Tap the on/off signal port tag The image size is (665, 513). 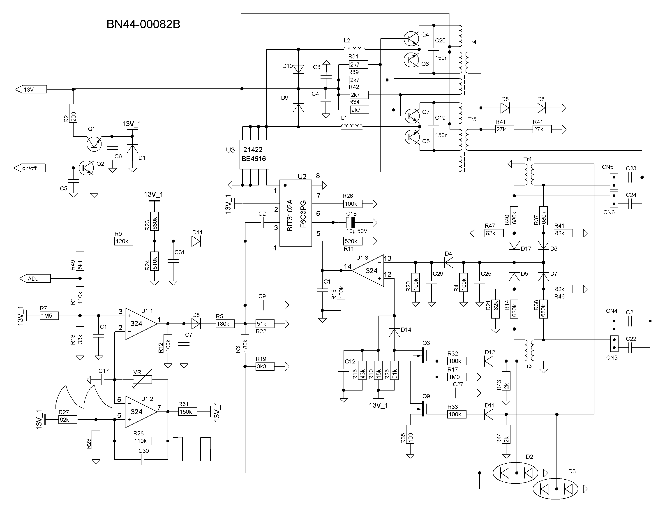pyautogui.click(x=30, y=168)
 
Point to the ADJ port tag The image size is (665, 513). pyautogui.click(x=35, y=279)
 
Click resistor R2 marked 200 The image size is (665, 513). pyautogui.click(x=73, y=113)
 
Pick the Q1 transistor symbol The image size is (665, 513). pyautogui.click(x=94, y=143)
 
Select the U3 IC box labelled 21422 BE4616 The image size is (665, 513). pyautogui.click(x=254, y=154)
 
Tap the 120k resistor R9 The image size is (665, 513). pyautogui.click(x=124, y=241)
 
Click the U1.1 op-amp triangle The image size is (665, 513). pyautogui.click(x=141, y=324)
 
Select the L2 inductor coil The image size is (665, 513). pyautogui.click(x=354, y=49)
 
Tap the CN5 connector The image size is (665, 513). pyautogui.click(x=614, y=181)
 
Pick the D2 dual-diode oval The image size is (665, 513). pyautogui.click(x=515, y=473)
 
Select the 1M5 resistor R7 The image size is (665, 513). pyautogui.click(x=49, y=316)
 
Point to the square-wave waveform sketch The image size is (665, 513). pyautogui.click(x=201, y=449)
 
